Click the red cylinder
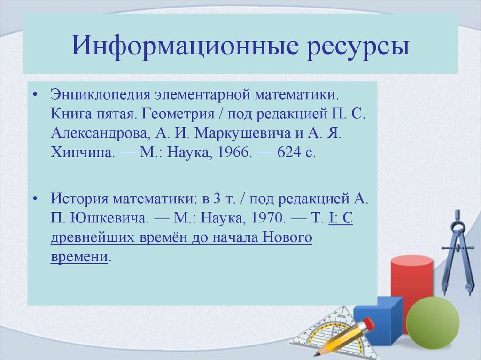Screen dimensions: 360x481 [x=411, y=282]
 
